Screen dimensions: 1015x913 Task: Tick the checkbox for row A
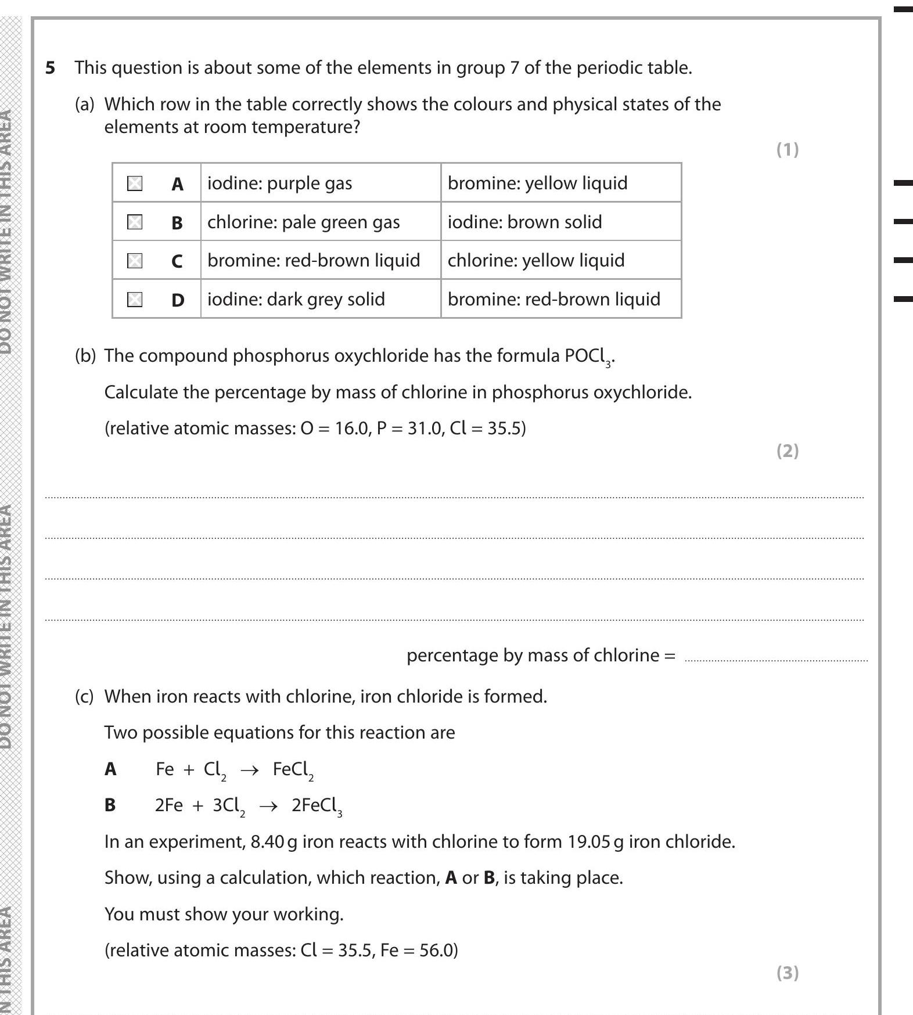tap(135, 183)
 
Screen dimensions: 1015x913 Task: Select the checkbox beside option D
tap(135, 299)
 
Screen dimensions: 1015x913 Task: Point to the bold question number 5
tap(51, 68)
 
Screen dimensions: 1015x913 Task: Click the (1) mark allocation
tap(788, 150)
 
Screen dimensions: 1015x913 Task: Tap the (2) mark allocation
tap(788, 451)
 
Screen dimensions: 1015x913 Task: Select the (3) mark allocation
tap(788, 973)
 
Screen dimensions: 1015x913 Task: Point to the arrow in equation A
tap(249, 770)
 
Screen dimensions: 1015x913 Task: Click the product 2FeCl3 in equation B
tap(317, 806)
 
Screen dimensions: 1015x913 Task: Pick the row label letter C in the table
tap(177, 261)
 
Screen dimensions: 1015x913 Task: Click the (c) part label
tap(84, 696)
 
